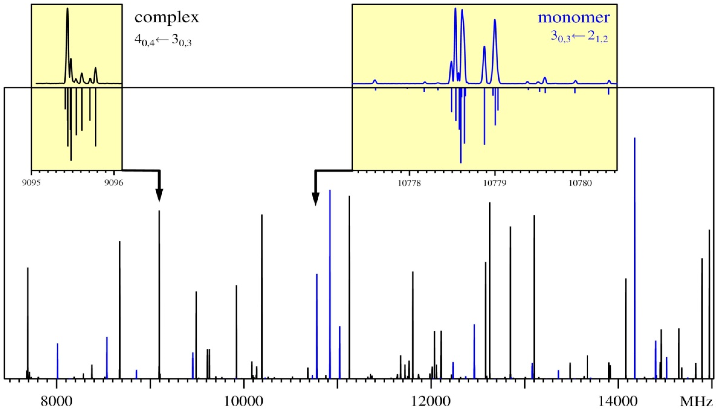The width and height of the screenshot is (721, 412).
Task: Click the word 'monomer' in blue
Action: [574, 18]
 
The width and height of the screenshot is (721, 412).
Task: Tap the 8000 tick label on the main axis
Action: [57, 402]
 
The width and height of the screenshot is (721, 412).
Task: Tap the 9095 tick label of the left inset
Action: [31, 183]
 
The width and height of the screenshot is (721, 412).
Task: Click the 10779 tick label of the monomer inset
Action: [495, 183]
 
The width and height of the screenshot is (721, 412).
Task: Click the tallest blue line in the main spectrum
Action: [635, 255]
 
